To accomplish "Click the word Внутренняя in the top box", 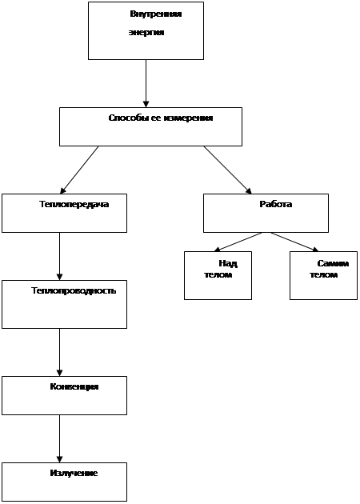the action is click(156, 14).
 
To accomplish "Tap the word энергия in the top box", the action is click(146, 33).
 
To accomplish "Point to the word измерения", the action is click(188, 118).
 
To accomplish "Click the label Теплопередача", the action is click(74, 205).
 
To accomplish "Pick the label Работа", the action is click(276, 204).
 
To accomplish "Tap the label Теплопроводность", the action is click(74, 291).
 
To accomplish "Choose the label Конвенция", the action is click(74, 386).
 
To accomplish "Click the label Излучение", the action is click(74, 473).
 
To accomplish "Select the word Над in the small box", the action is click(228, 263).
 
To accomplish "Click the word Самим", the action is click(333, 263).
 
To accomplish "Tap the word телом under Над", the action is click(218, 275).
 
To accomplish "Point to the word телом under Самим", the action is click(324, 275).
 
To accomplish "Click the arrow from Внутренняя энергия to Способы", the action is click(146, 83).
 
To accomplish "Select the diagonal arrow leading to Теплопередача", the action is click(79, 170).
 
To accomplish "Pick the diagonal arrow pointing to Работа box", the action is click(227, 170).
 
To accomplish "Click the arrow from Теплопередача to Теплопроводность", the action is click(59, 256).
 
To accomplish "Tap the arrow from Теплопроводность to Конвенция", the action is click(59, 352).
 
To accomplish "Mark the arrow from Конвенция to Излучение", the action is click(59, 438).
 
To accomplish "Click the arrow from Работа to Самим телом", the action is click(294, 242).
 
